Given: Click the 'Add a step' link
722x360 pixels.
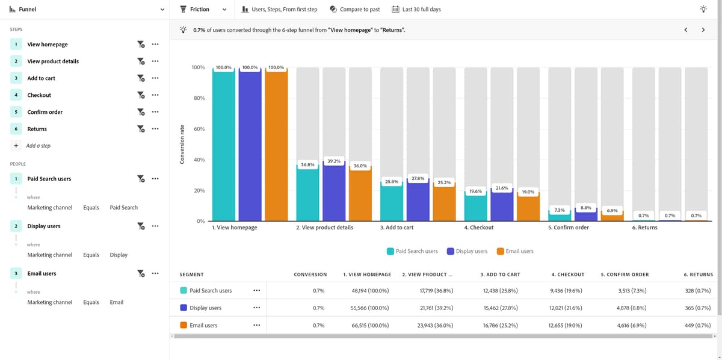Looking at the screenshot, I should coord(38,146).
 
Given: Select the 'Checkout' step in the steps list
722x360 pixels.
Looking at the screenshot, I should coord(39,95).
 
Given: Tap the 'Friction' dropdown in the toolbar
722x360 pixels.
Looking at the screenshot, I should coord(203,10).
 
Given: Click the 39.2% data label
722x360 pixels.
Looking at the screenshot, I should coord(334,161).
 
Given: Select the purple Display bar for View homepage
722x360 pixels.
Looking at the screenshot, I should coord(250,144).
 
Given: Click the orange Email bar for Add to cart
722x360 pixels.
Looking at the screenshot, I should coord(444,202).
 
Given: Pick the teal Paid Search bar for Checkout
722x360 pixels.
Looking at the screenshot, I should coord(475,206).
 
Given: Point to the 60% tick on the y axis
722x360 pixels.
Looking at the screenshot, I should coord(198,129).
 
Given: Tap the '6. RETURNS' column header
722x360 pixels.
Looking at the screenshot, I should coord(698,275).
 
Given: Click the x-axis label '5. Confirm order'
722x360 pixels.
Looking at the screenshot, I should coord(568,228).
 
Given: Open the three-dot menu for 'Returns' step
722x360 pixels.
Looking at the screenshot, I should coord(155,129).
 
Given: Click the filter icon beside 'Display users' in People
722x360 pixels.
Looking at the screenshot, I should coord(141,226).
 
